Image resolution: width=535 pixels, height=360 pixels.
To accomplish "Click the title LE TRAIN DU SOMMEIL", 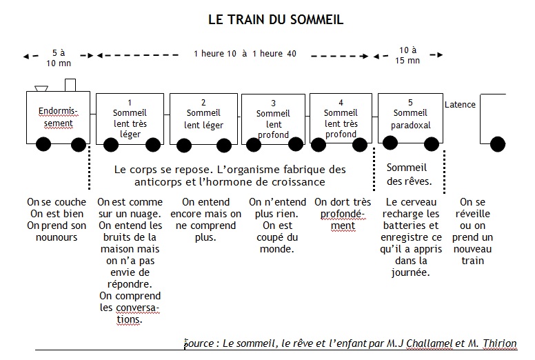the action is click(x=276, y=19).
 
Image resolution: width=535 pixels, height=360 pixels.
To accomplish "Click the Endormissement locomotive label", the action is click(x=58, y=117).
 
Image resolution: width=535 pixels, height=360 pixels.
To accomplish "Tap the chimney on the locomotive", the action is click(x=70, y=85).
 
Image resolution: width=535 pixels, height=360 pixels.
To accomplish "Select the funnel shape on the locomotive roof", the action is click(x=41, y=88).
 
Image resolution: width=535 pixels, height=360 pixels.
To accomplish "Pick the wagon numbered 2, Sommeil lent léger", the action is click(x=203, y=119).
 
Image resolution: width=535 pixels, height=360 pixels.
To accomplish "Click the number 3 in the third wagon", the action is click(x=273, y=103).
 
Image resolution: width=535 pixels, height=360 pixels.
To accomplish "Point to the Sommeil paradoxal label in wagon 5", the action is click(x=410, y=119).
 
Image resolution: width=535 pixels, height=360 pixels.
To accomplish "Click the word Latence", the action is click(x=460, y=104).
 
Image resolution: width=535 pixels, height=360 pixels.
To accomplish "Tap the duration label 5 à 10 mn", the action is click(x=59, y=58).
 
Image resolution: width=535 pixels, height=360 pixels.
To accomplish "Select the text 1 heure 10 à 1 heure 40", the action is click(x=245, y=54).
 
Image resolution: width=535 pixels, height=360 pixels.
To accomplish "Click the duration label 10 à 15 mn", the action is click(x=407, y=55).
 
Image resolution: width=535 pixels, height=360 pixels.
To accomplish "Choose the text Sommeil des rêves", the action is click(x=409, y=174).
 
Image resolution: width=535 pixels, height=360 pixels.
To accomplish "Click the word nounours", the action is click(x=57, y=237).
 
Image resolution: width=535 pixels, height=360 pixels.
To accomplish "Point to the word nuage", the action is click(x=146, y=214).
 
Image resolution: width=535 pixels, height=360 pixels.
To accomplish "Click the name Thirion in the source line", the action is click(x=500, y=343).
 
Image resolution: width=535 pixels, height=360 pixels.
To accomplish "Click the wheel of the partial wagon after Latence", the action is click(x=498, y=144).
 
